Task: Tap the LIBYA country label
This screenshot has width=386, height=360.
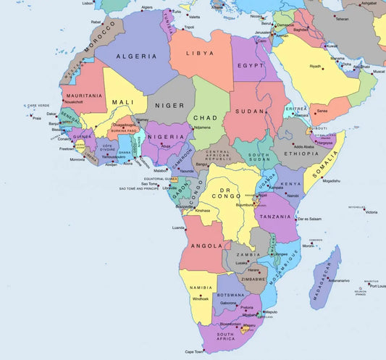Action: pyautogui.click(x=200, y=54)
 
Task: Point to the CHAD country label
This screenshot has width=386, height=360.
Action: pyautogui.click(x=206, y=118)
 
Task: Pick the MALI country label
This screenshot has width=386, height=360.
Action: pyautogui.click(x=123, y=102)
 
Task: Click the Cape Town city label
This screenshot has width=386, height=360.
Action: pyautogui.click(x=194, y=351)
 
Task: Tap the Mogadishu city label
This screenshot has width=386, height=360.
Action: pyautogui.click(x=330, y=180)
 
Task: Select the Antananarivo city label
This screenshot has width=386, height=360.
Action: pyautogui.click(x=340, y=281)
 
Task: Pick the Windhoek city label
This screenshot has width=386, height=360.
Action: pyautogui.click(x=201, y=298)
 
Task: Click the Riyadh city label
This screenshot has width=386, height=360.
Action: pyautogui.click(x=315, y=67)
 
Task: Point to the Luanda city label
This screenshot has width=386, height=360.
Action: pyautogui.click(x=178, y=227)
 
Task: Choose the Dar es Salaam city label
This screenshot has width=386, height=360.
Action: pyautogui.click(x=309, y=219)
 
